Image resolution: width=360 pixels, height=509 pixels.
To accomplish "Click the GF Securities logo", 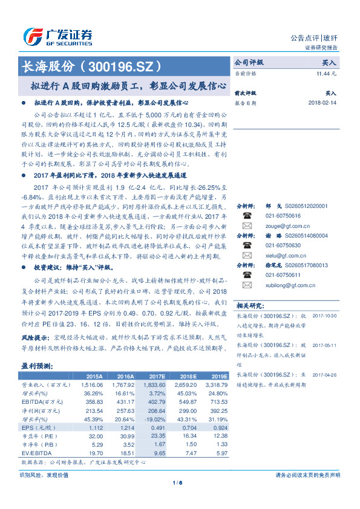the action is [57, 37].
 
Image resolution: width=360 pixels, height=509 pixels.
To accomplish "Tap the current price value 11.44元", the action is [326, 73].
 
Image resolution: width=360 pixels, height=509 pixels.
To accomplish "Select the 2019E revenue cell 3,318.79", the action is [216, 384].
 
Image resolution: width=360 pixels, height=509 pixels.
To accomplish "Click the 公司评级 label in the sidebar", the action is [249, 62].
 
